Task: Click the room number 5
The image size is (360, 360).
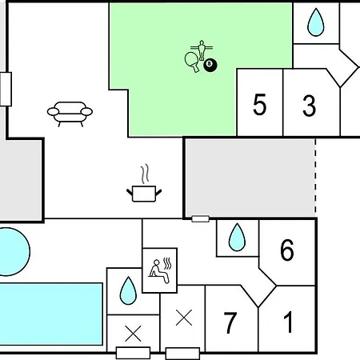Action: click(259, 104)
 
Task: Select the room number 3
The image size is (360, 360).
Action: click(309, 106)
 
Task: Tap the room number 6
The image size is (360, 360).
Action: click(287, 250)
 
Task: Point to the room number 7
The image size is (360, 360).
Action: click(230, 322)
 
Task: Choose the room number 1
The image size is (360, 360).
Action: click(288, 322)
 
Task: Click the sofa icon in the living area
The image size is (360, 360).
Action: click(70, 114)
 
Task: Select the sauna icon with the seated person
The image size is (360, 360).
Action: click(160, 270)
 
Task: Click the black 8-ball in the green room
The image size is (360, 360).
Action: click(210, 66)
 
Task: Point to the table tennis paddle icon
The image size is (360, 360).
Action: click(192, 62)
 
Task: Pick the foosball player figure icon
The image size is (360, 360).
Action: click(202, 50)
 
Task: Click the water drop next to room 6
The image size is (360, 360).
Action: click(237, 238)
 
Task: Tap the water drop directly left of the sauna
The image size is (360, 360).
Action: click(128, 290)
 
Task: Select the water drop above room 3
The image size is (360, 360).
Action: click(316, 22)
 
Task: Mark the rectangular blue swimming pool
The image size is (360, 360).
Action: click(51, 314)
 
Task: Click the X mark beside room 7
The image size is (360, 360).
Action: click(184, 318)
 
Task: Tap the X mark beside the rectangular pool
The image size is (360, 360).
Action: click(133, 334)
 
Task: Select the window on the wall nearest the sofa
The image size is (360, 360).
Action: click(6, 89)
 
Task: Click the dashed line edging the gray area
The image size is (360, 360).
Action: click(315, 176)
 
